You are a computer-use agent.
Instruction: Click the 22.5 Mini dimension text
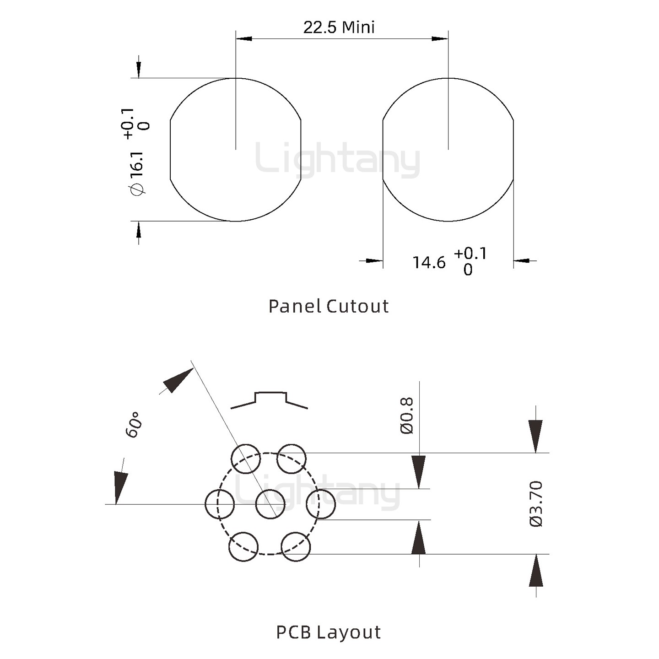click(339, 27)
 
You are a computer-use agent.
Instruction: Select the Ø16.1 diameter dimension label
click(137, 173)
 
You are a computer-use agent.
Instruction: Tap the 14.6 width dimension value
click(429, 263)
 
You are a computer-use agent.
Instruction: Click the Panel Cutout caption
click(329, 306)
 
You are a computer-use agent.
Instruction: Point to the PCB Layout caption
click(329, 632)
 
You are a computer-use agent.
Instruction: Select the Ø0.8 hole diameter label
click(407, 416)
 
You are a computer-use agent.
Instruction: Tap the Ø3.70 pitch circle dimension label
click(536, 503)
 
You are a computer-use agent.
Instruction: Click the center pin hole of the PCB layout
click(270, 504)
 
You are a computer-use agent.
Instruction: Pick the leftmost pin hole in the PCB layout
click(220, 504)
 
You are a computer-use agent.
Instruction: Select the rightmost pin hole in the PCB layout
click(320, 504)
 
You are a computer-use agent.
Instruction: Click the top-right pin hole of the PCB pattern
click(292, 459)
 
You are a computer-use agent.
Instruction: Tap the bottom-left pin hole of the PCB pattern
click(243, 547)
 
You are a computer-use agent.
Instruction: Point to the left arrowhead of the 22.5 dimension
click(244, 39)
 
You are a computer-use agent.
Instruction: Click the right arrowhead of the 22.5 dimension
click(440, 39)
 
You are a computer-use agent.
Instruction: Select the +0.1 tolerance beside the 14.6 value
click(470, 253)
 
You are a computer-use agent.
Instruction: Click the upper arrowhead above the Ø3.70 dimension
click(535, 436)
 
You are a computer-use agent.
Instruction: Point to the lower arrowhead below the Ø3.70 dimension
click(536, 571)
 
